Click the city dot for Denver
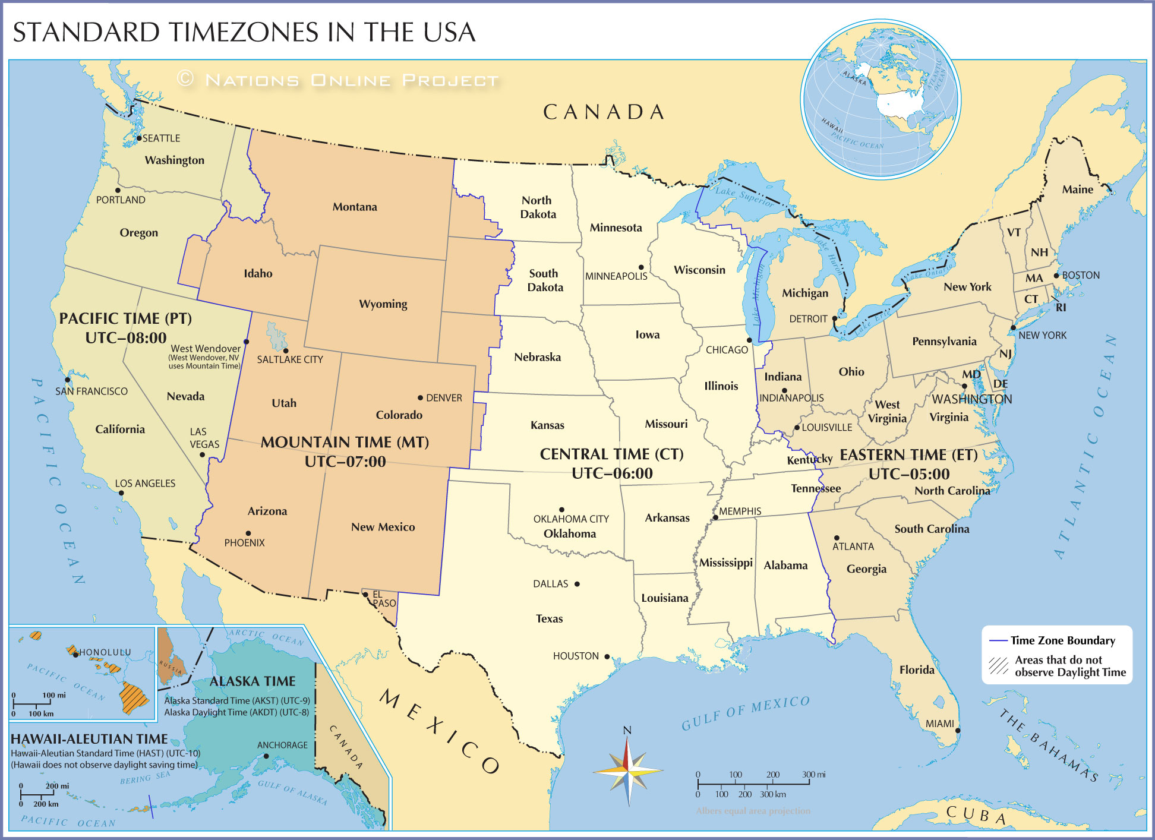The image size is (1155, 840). point(420,397)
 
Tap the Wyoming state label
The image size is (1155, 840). point(383,304)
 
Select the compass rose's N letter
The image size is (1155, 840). point(627,730)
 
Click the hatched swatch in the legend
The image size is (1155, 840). point(998,666)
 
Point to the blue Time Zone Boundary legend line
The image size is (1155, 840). point(998,640)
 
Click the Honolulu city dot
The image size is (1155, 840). point(75,655)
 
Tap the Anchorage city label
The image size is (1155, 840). point(282,745)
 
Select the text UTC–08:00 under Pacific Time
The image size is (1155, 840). point(125,338)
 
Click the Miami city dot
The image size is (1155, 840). point(958,730)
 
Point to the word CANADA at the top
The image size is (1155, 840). point(604,112)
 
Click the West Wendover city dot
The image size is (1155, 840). point(247,342)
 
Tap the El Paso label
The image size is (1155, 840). point(383,599)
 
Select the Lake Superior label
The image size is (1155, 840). point(744,195)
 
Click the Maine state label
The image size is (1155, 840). point(1077,190)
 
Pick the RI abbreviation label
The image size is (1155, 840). point(1061,307)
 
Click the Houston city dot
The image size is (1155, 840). point(607,656)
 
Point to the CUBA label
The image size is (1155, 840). point(976,815)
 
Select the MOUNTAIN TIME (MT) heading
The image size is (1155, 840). point(345,442)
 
